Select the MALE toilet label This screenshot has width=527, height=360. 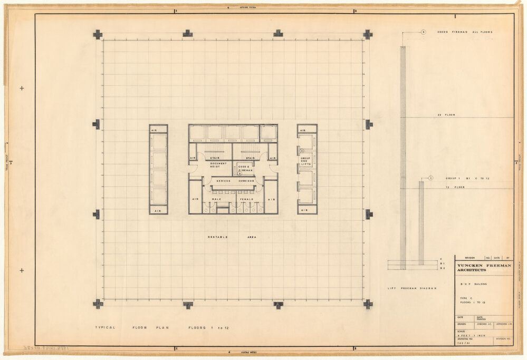[x=216, y=199]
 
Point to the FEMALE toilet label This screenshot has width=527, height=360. [x=247, y=199]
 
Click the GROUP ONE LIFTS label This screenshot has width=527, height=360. [x=306, y=161]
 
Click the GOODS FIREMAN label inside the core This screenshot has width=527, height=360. [x=245, y=169]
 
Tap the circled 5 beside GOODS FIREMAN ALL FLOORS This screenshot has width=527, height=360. [x=423, y=32]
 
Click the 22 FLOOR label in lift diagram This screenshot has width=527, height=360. [x=442, y=114]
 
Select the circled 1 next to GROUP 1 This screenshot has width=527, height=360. [x=430, y=179]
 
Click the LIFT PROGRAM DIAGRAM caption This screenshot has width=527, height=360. [x=412, y=288]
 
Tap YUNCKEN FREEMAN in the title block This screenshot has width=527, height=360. [x=484, y=266]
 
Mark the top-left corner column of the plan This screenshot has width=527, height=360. [x=98, y=34]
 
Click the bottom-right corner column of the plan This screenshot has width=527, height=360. [x=368, y=304]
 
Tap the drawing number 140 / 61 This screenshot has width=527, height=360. [x=462, y=342]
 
